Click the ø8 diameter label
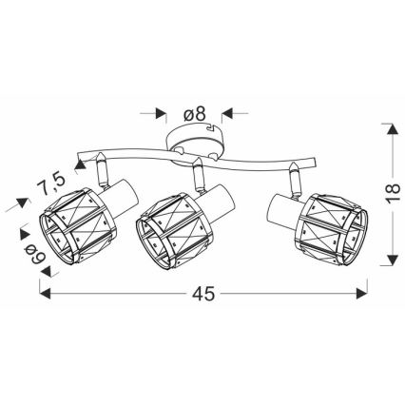tap(195, 114)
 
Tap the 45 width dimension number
tap(203, 294)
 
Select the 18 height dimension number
tap(393, 193)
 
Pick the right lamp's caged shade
tap(332, 230)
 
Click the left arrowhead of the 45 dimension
tap(45, 293)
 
